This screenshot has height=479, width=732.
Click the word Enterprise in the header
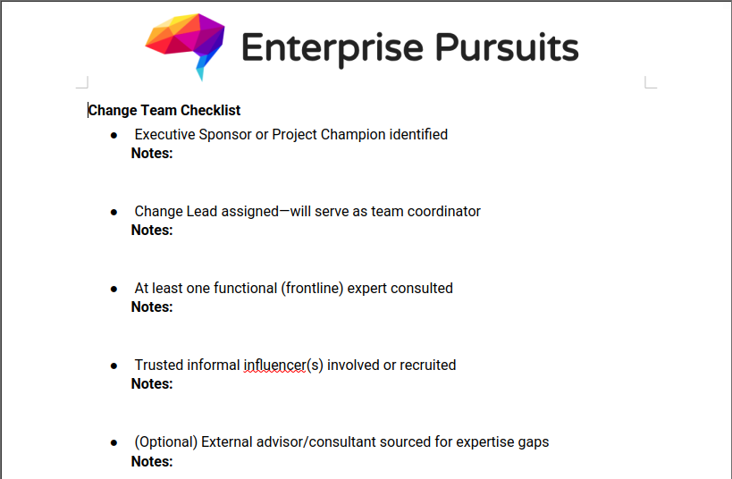[332, 48]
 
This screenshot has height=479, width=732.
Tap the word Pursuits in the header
[507, 47]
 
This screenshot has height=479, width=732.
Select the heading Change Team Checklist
[164, 110]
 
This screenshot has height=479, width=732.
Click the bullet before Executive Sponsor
[114, 136]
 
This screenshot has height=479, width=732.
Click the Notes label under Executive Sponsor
[152, 153]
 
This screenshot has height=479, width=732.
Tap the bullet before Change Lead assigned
[114, 213]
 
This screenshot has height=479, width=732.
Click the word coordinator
[444, 212]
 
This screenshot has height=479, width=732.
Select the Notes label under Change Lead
[152, 231]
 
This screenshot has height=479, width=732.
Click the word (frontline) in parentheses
[312, 289]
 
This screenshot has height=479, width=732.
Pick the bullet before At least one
[114, 290]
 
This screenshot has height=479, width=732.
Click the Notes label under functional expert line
[152, 307]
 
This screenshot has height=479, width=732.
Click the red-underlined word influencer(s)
[283, 366]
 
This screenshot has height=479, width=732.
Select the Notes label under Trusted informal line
[152, 383]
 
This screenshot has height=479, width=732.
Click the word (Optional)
[165, 442]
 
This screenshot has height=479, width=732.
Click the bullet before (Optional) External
[114, 443]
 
